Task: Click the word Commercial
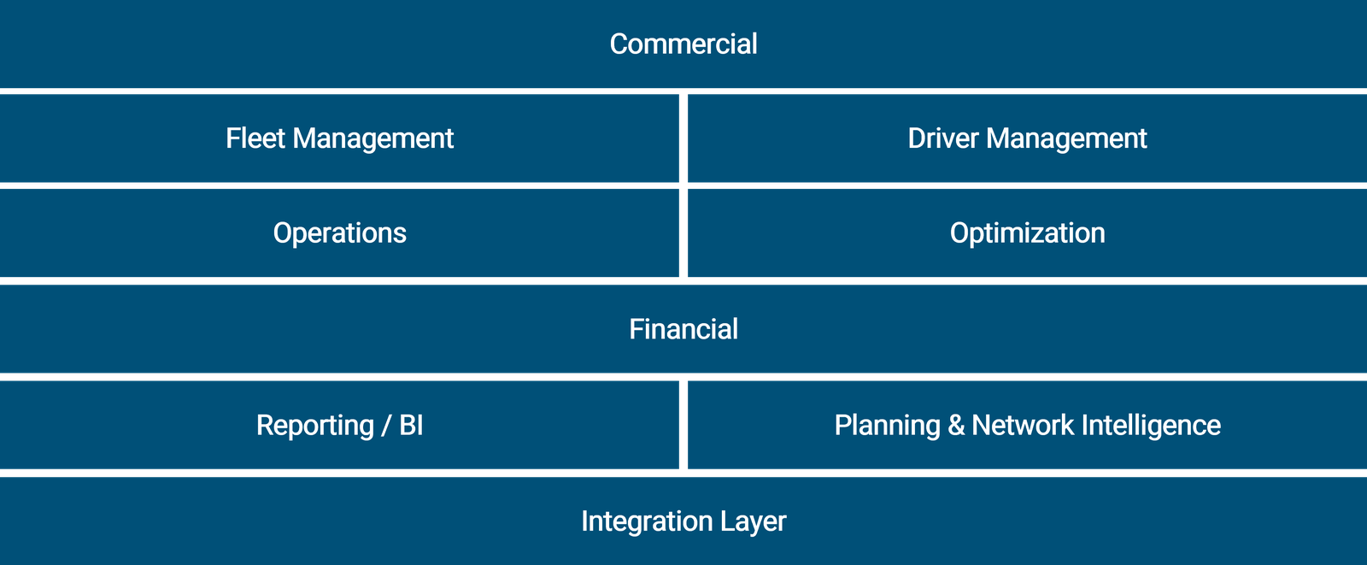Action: (683, 44)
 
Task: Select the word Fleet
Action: (255, 138)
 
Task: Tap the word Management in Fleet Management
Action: (373, 138)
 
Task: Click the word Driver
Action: (942, 138)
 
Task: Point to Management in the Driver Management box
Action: (1066, 138)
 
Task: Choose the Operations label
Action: (339, 233)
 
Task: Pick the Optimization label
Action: (1027, 233)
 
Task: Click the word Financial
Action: (683, 329)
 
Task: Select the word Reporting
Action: (314, 426)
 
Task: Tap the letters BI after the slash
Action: (411, 426)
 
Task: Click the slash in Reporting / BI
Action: (386, 426)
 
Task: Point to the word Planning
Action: (887, 426)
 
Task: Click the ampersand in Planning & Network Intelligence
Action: (956, 426)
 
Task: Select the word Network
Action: (1022, 426)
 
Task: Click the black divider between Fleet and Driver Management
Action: (683, 138)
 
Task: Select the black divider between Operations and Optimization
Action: (683, 233)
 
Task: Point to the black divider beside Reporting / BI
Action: (683, 426)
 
